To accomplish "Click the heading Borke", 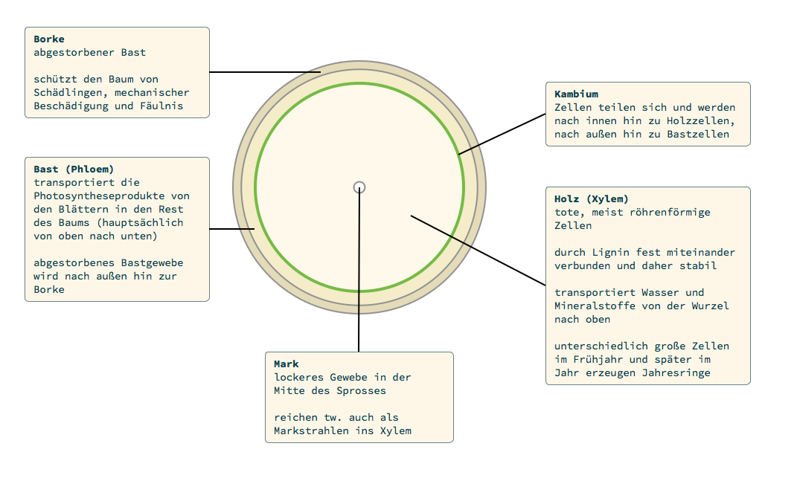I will [x=49, y=39].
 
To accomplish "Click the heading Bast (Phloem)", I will [x=74, y=170].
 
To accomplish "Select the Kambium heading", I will [x=576, y=94].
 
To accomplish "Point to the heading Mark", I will [x=286, y=364].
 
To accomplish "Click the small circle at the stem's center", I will [x=359, y=187].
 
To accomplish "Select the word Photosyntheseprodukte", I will [x=112, y=196].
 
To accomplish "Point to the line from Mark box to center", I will [x=359, y=283].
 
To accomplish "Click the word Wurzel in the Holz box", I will [x=711, y=306].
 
